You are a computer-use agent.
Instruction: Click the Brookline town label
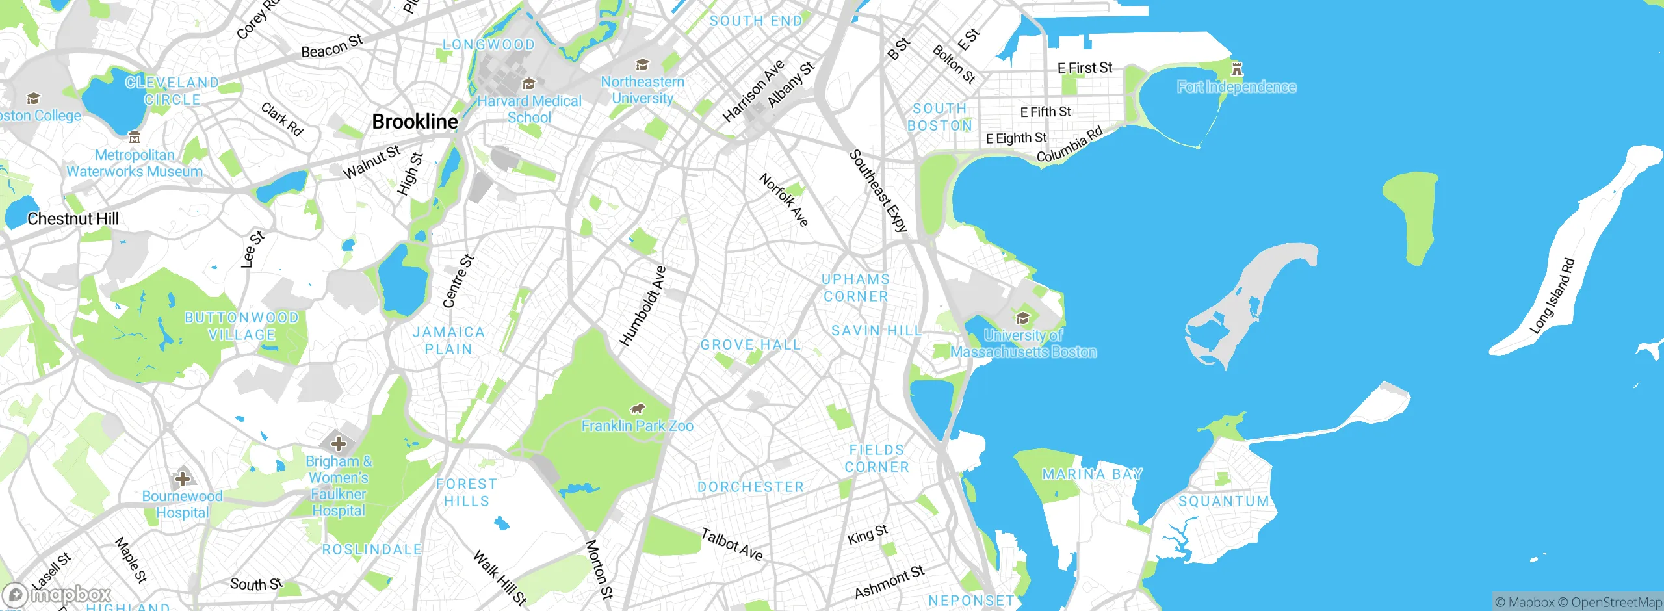[x=415, y=122]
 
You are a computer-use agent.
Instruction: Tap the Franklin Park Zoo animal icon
[x=638, y=408]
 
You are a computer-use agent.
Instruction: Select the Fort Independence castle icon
[x=1237, y=68]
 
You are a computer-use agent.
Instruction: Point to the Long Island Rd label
[x=1552, y=296]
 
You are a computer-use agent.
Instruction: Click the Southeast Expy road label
[x=878, y=191]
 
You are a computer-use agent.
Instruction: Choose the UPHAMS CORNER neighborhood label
[x=855, y=288]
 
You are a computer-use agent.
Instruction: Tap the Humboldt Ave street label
[x=643, y=305]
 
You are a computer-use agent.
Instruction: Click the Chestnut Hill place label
[x=73, y=219]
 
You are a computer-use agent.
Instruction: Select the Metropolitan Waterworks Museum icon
[x=135, y=137]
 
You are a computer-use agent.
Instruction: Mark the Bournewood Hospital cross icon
[x=183, y=479]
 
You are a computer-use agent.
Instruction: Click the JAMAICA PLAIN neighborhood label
[x=448, y=341]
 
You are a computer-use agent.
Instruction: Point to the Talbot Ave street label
[x=732, y=545]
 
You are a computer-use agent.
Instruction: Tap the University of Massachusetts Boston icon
[x=1022, y=318]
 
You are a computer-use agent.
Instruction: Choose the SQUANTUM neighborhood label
[x=1224, y=501]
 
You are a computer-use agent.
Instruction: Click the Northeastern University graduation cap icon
[x=642, y=64]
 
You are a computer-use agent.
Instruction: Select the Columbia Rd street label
[x=1069, y=144]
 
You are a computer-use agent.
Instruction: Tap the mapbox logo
[x=57, y=594]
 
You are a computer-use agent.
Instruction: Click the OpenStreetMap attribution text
[x=1616, y=603]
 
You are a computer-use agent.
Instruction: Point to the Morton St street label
[x=599, y=569]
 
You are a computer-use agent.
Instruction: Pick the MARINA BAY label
[x=1092, y=474]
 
